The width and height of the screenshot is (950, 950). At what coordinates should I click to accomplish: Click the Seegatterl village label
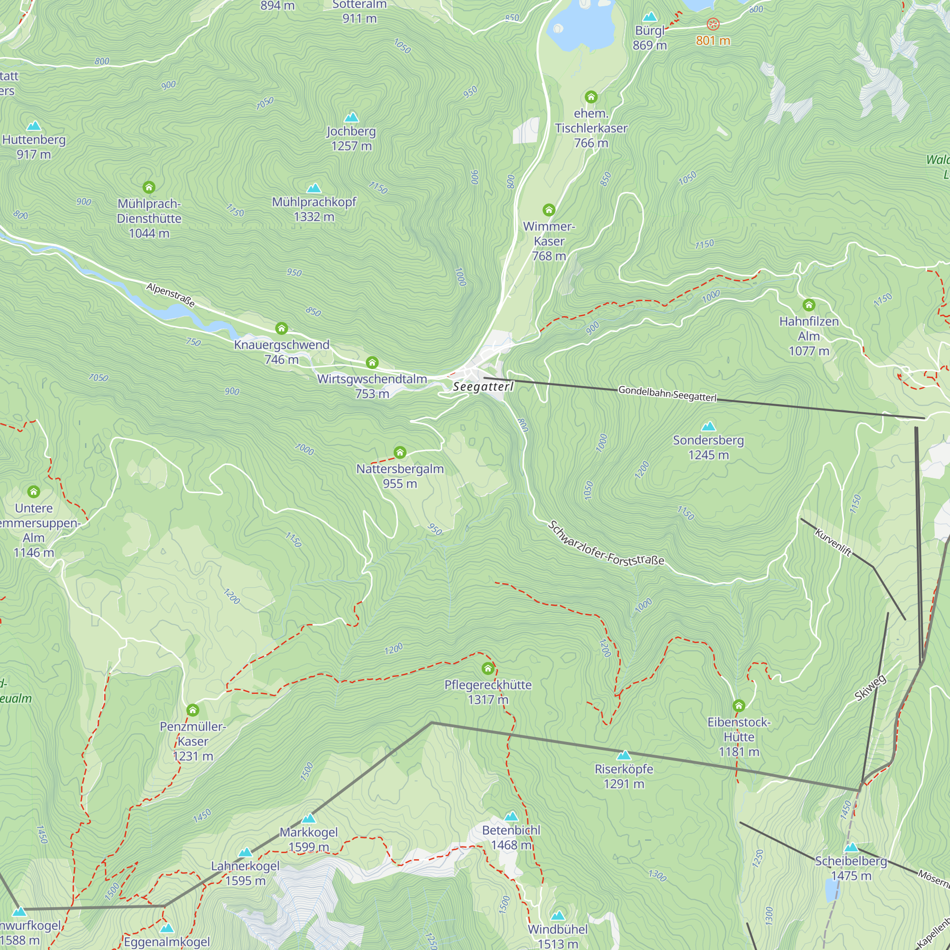483,387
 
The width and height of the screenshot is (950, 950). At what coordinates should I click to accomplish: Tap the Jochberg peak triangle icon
351,117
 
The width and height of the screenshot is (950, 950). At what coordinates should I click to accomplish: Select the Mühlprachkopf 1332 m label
313,209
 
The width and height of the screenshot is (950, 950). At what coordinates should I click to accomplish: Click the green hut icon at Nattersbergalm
400,452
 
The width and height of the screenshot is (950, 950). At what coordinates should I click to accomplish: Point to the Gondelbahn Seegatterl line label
667,393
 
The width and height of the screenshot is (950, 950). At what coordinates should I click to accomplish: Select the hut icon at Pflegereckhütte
488,668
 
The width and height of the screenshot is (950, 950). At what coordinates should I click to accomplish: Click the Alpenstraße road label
171,294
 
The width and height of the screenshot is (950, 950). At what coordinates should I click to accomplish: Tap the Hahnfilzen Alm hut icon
809,305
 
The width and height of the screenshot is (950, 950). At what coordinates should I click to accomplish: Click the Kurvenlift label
833,542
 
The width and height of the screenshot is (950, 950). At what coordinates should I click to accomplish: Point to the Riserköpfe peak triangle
624,755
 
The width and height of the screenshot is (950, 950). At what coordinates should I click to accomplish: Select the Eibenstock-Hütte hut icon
739,706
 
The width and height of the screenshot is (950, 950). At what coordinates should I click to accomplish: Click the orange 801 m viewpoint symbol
713,24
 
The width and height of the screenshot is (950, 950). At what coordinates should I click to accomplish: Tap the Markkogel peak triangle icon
308,818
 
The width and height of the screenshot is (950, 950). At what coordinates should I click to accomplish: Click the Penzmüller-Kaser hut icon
193,710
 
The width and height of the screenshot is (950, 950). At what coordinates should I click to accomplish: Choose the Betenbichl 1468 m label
511,837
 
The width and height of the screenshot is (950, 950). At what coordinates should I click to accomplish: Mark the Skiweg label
870,687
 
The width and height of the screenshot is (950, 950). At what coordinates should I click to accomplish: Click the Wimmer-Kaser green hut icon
549,210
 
